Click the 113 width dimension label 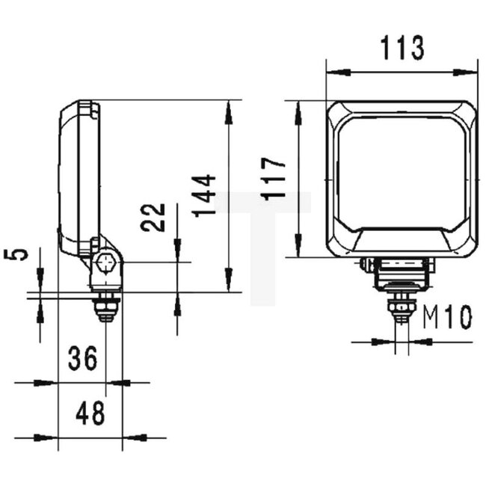(402, 47)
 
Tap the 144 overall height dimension (204, 195)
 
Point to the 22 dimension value (155, 218)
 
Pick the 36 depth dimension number (83, 359)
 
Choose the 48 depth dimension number (90, 413)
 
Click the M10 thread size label (447, 318)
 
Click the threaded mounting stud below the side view (107, 307)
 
